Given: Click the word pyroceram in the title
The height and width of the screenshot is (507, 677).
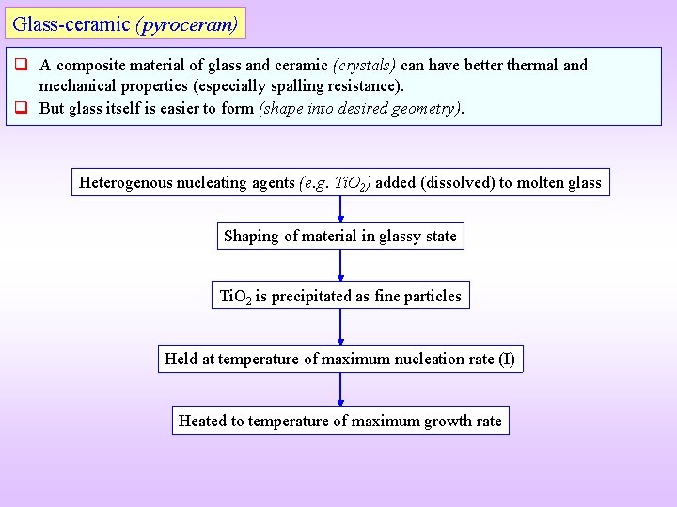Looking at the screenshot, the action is tap(188, 23).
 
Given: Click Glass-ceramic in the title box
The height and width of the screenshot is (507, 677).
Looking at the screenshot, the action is tap(71, 23).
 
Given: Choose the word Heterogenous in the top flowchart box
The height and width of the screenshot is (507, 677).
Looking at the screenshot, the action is tap(127, 182).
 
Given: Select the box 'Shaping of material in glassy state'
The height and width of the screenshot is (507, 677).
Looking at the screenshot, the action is tap(340, 236).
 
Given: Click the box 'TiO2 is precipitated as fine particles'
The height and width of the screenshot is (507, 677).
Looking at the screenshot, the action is tap(340, 296).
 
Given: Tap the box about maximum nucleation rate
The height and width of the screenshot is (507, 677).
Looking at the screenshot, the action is tap(340, 359).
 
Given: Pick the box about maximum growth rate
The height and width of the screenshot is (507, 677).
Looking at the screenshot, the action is tap(340, 421).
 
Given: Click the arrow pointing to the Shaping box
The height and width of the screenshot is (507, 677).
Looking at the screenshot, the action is tap(340, 209).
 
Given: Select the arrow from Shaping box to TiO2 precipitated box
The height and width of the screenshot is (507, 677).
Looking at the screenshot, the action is tap(340, 266).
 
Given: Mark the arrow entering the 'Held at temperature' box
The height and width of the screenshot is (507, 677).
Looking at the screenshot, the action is tap(340, 327).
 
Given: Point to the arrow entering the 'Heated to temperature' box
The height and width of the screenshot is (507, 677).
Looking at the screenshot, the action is tap(340, 390).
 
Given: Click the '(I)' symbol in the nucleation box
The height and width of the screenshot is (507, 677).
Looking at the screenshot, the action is tap(506, 359).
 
